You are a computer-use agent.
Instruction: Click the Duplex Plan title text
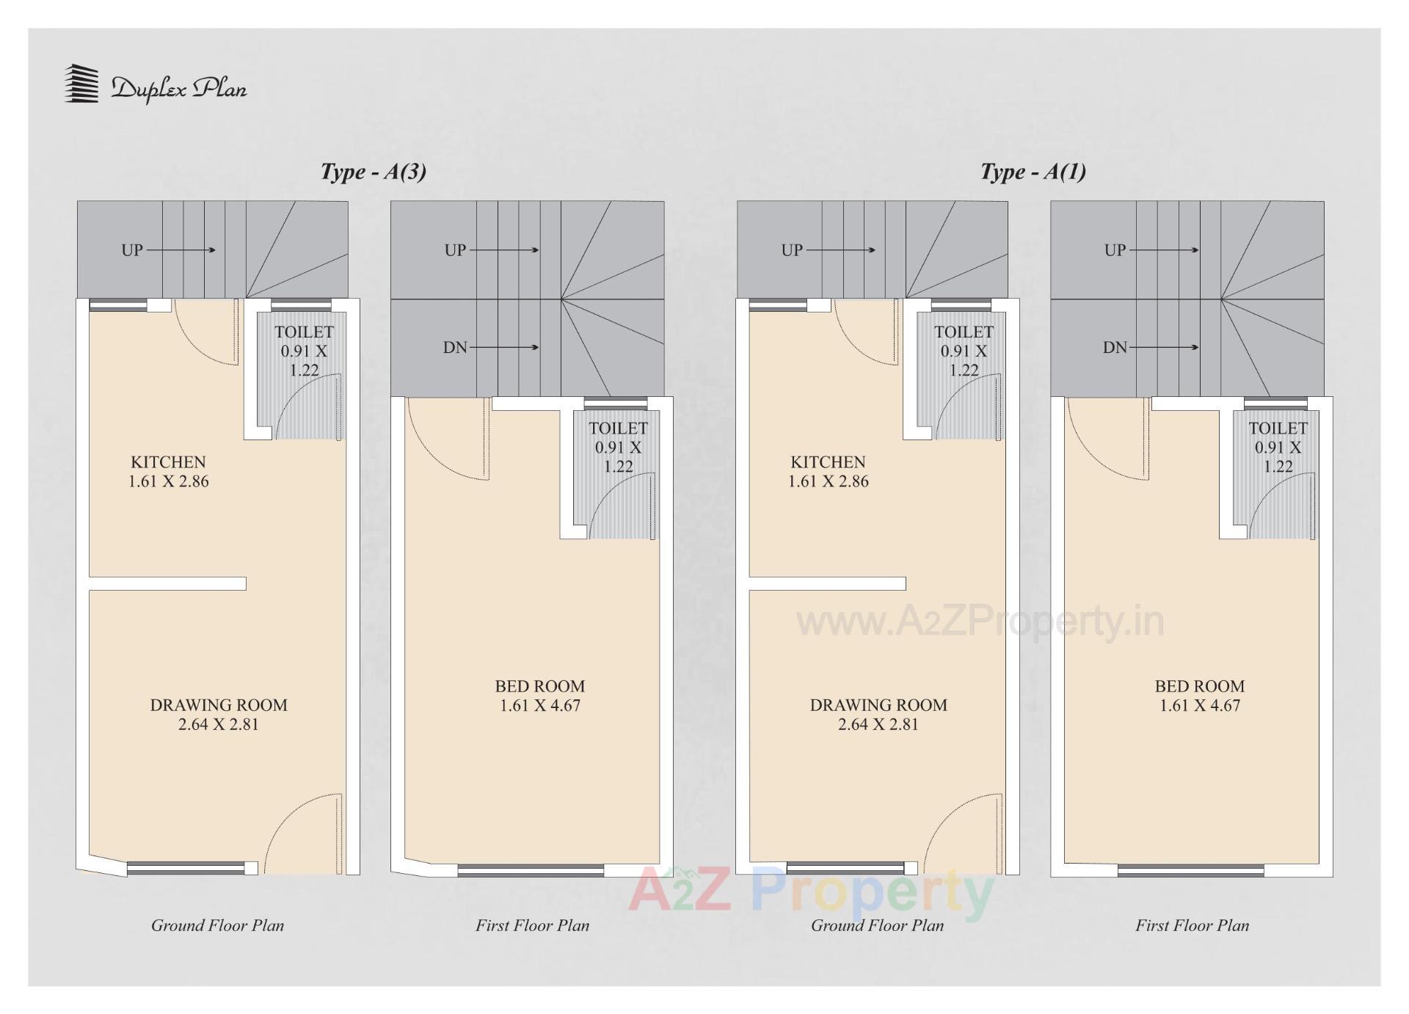(179, 89)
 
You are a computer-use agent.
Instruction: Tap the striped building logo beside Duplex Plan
(81, 84)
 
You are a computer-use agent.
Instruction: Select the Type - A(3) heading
(373, 172)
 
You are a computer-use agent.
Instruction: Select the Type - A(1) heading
(1033, 172)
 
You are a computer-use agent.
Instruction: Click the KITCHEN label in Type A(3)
(168, 462)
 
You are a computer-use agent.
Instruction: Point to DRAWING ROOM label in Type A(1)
(878, 705)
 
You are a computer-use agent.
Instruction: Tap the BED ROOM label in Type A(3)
(539, 687)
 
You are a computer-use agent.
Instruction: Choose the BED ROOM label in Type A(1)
(1199, 687)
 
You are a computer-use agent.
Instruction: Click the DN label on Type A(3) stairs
(455, 348)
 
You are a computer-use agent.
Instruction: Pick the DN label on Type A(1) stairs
(1114, 348)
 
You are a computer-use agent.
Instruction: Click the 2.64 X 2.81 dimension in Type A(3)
(218, 725)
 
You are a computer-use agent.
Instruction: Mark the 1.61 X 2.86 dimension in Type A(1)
(828, 482)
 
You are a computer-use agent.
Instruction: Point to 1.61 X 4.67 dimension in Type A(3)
(539, 706)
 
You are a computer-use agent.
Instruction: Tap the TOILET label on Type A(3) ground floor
(304, 332)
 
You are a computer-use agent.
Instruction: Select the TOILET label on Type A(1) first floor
(1278, 428)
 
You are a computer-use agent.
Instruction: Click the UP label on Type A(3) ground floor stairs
(132, 250)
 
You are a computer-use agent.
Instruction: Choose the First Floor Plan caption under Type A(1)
(1192, 926)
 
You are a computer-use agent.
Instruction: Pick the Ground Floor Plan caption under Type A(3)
(217, 926)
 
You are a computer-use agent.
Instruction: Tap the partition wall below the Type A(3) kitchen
(167, 584)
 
